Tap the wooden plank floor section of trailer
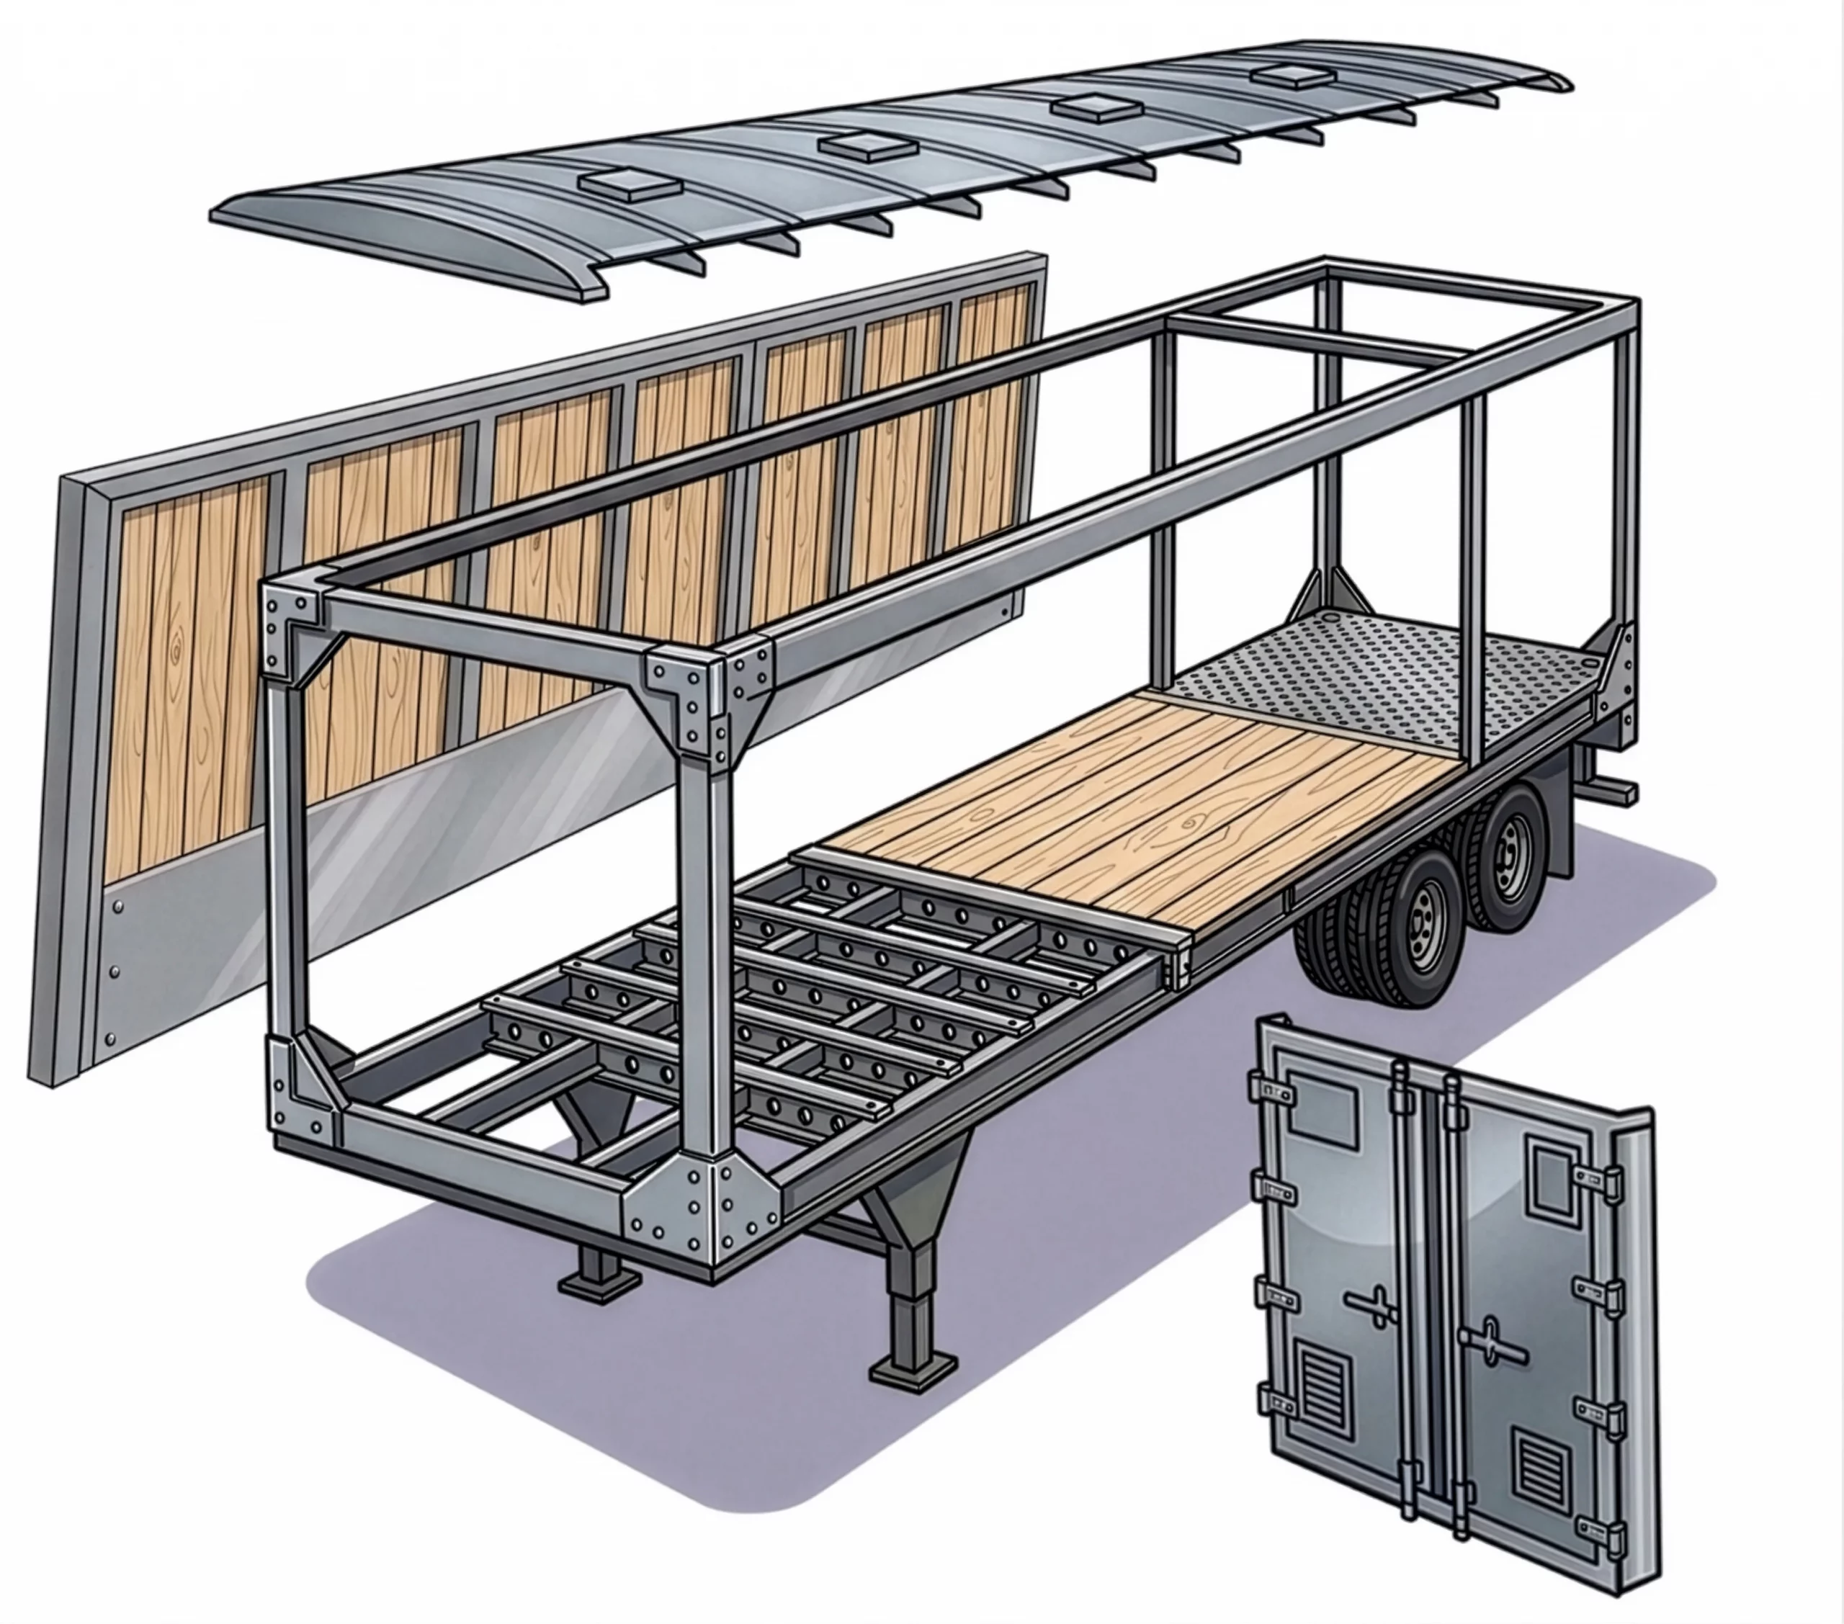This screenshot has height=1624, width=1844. point(1128,794)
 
